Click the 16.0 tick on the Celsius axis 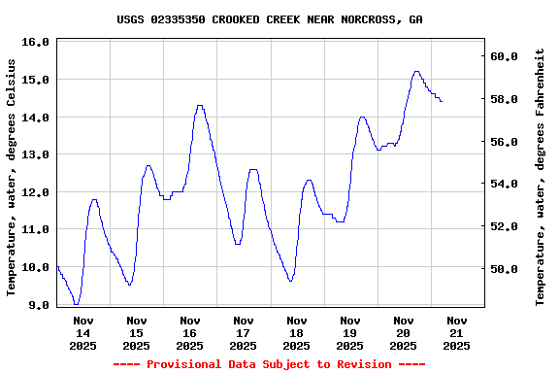35,43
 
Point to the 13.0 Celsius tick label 35,155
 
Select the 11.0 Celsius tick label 35,230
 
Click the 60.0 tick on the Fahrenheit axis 504,57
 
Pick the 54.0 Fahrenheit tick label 504,185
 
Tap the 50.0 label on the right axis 504,269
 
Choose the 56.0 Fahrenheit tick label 504,142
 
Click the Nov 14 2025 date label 83,332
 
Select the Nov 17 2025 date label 244,332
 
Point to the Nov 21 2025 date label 457,332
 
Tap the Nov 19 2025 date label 350,332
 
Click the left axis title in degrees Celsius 12,176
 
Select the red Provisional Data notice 269,364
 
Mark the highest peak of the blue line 416,71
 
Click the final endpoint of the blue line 442,101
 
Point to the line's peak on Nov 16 200,106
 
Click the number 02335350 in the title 178,19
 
